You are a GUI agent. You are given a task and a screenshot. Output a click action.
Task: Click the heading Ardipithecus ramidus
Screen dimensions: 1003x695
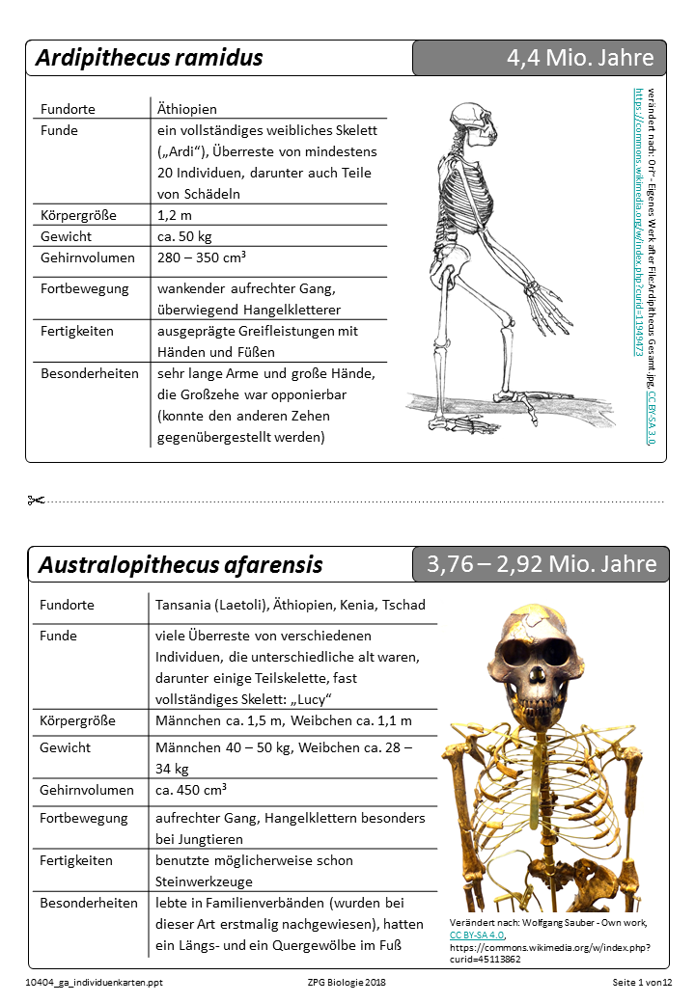click(x=149, y=58)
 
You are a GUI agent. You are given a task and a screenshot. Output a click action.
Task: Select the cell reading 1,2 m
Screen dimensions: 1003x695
click(x=175, y=214)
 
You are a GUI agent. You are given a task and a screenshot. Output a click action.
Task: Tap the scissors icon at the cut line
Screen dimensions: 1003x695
click(x=37, y=500)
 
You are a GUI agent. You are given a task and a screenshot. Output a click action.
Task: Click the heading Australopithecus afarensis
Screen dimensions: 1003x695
click(x=181, y=565)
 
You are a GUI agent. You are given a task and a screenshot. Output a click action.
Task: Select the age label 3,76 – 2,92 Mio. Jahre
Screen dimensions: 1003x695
click(x=542, y=564)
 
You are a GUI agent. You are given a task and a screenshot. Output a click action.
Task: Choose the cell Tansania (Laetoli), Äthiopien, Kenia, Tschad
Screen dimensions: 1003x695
click(x=291, y=605)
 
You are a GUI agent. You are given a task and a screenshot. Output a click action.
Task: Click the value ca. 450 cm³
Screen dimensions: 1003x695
click(x=191, y=790)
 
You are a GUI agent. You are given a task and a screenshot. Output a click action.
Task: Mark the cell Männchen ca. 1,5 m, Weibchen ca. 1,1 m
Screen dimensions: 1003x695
click(x=284, y=720)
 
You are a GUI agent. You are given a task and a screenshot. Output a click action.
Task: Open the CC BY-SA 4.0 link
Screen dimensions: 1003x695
click(x=479, y=935)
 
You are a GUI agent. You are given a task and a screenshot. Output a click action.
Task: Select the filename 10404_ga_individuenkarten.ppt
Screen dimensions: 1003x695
click(x=88, y=982)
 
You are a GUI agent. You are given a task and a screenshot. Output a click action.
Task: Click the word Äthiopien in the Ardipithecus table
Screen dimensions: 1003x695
click(x=187, y=109)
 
